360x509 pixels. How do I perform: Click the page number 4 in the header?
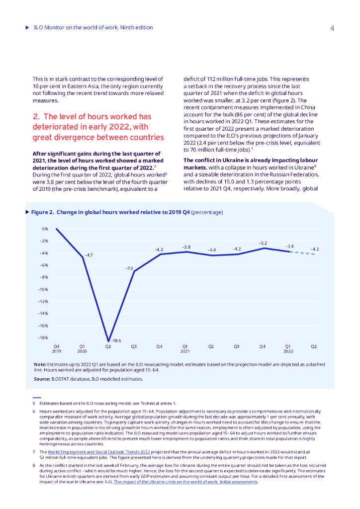332,28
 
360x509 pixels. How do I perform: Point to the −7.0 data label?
129,268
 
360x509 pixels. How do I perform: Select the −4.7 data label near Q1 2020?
88,254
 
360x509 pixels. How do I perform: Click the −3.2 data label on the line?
263,243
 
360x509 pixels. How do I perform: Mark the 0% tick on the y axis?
45,229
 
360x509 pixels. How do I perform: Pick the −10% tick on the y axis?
43,289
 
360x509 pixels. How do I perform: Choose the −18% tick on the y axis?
43,338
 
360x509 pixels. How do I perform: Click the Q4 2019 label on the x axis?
56,348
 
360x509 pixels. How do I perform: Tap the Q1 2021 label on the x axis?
185,348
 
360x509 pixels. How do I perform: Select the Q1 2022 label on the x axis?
288,348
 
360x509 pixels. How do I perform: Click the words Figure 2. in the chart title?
43,212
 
